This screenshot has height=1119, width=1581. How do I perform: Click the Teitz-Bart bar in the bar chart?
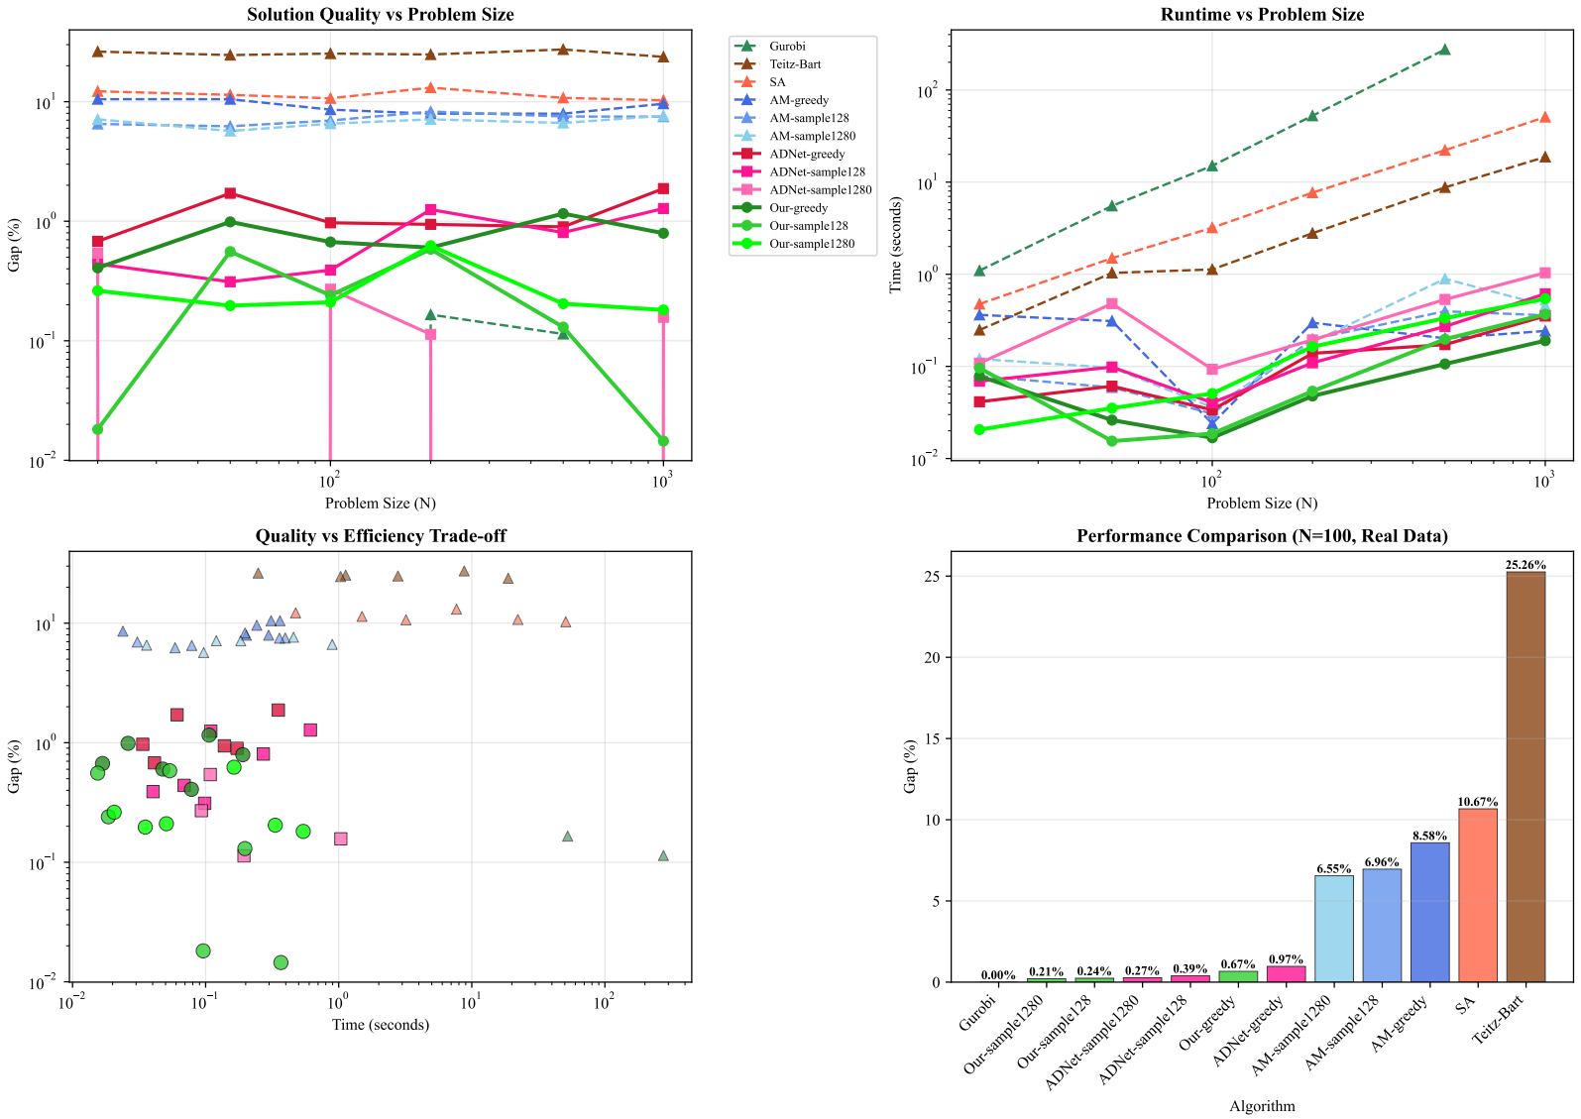click(x=1525, y=777)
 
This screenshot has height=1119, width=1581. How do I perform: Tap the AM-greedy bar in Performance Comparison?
click(x=1429, y=912)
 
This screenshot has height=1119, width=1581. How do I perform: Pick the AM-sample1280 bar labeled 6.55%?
click(x=1333, y=929)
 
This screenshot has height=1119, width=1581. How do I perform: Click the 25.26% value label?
click(x=1525, y=565)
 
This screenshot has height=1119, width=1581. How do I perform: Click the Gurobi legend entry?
click(x=787, y=47)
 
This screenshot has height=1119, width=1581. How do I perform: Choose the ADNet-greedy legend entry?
click(x=807, y=154)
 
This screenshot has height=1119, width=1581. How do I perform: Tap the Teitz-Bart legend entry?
click(x=795, y=64)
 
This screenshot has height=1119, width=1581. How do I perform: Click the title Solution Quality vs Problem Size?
click(x=381, y=15)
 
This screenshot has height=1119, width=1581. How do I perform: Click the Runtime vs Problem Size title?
click(x=1262, y=15)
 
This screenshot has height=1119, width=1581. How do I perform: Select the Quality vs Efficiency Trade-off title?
click(x=381, y=536)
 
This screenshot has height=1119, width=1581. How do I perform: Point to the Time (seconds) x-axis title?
click(x=381, y=1024)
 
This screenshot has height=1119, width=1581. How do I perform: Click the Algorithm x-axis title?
click(x=1262, y=1106)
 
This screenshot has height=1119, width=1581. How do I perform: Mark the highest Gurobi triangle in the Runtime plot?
click(x=1444, y=50)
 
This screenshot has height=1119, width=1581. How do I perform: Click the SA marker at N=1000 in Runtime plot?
click(x=1544, y=118)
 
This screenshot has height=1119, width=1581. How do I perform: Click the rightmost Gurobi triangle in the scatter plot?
click(x=663, y=855)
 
